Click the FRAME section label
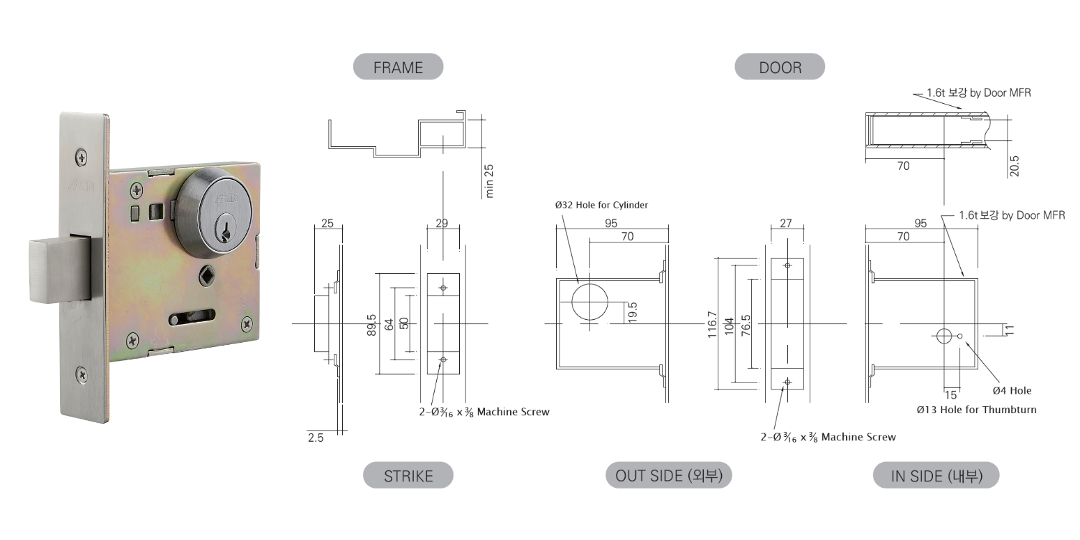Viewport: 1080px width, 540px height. coord(399,66)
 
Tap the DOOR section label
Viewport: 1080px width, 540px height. coord(780,66)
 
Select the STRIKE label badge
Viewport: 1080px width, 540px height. coord(408,475)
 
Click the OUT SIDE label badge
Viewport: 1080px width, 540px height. coord(669,475)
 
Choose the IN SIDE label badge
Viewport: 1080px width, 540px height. coord(936,475)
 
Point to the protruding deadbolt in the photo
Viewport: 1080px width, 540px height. coord(60,269)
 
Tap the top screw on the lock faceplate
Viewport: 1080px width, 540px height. coord(82,157)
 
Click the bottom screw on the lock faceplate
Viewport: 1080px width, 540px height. coord(82,375)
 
